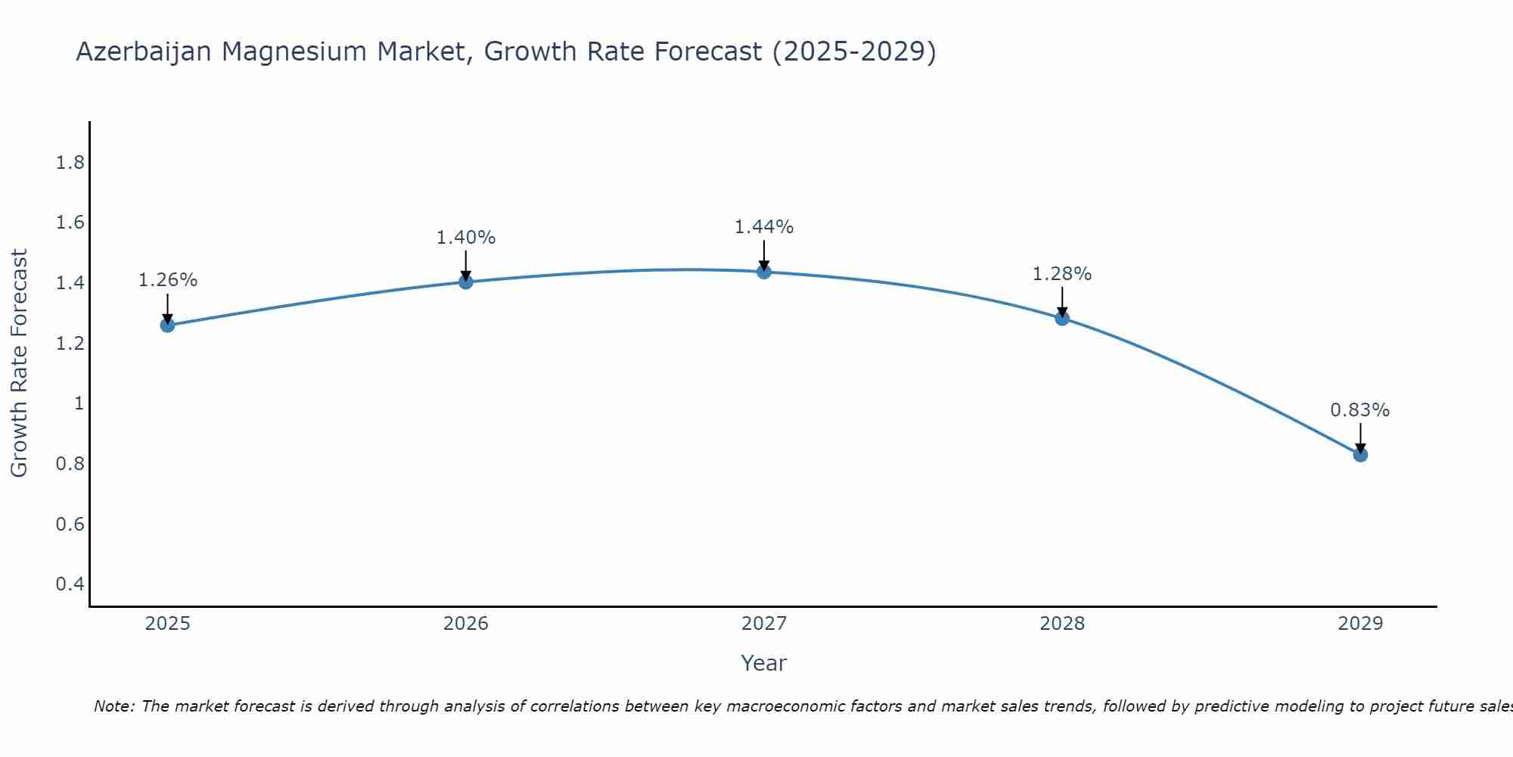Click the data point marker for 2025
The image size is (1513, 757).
point(167,326)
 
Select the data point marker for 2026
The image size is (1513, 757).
point(466,282)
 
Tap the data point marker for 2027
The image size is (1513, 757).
point(764,272)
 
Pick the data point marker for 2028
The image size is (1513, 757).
point(1062,318)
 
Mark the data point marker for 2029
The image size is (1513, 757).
point(1360,455)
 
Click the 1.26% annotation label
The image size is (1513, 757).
point(167,280)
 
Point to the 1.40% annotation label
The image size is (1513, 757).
point(466,238)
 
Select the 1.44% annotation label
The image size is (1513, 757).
point(764,227)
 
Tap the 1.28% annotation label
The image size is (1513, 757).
point(1062,274)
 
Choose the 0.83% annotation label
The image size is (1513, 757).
point(1360,410)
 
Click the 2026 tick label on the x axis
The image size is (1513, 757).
point(466,624)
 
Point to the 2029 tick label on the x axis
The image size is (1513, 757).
point(1360,624)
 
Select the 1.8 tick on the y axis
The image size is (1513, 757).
point(70,163)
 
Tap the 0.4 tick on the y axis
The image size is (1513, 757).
point(70,584)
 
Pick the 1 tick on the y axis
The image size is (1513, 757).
point(79,403)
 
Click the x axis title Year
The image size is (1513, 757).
point(764,663)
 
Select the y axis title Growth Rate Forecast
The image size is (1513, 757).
point(19,363)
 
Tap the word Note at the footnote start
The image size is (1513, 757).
point(113,706)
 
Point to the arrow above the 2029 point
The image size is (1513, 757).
point(1360,438)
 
